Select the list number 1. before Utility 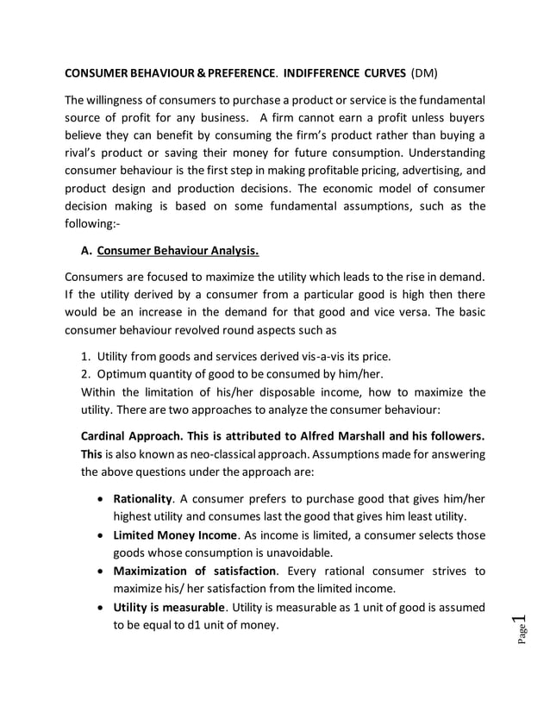(x=85, y=357)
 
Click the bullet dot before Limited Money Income (x=103, y=535)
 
